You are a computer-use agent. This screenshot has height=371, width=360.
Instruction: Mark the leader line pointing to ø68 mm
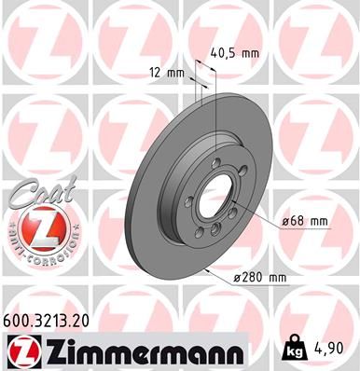coord(256,221)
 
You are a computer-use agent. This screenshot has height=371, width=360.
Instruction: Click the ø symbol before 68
coord(285,221)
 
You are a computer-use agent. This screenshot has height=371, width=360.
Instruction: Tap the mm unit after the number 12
coord(175,71)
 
